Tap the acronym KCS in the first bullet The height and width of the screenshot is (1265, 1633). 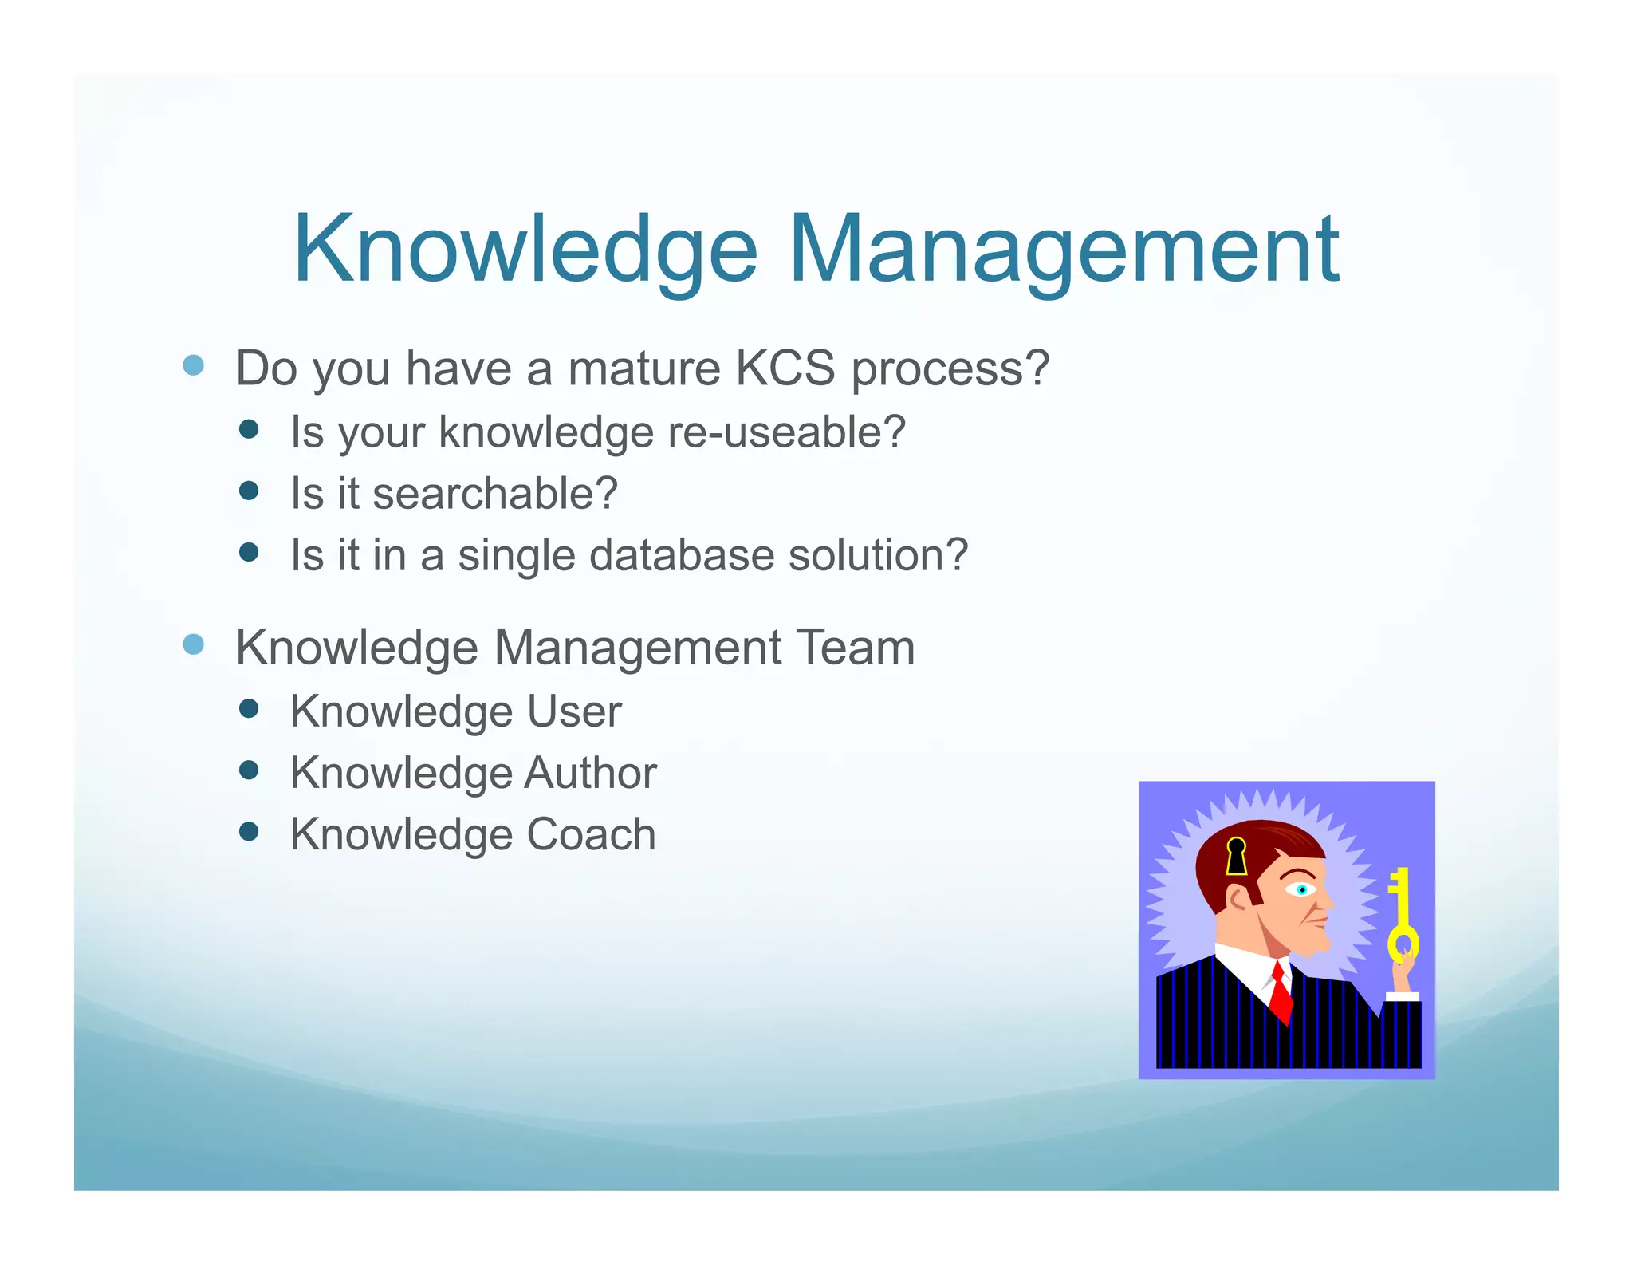785,368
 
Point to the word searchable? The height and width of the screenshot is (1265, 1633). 495,493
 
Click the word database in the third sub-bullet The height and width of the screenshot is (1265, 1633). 681,555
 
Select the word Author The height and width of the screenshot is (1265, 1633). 590,773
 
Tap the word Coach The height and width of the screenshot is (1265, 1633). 591,834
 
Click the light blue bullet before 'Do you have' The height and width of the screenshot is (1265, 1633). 193,365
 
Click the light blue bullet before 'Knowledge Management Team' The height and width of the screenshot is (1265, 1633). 193,644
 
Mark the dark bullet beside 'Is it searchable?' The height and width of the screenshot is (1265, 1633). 249,491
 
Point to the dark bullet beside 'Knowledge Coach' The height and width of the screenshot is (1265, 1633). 249,832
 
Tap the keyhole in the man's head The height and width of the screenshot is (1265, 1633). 1236,857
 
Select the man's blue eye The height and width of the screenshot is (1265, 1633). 1301,889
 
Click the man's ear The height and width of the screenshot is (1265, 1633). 1240,900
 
